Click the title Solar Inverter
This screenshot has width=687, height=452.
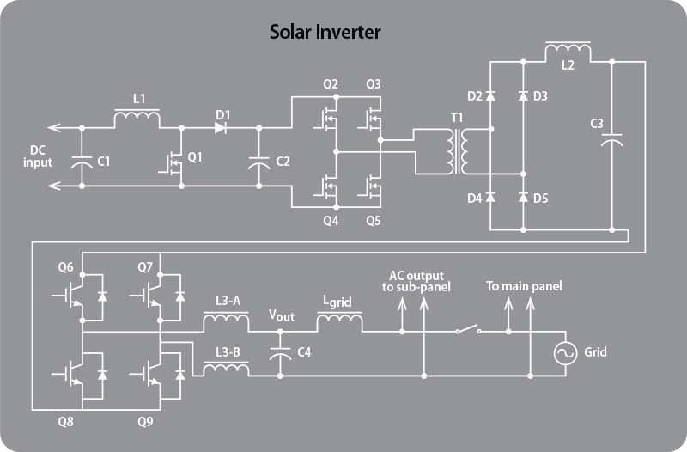(325, 33)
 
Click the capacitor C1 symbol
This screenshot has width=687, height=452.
(82, 160)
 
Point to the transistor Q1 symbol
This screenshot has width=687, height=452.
(174, 161)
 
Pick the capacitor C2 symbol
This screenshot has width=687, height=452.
(259, 160)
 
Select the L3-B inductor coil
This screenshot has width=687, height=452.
(227, 368)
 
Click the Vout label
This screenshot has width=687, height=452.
(281, 315)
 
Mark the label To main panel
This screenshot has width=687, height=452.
(524, 285)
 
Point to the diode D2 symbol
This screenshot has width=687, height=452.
(490, 96)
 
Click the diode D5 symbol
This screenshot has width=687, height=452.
(524, 198)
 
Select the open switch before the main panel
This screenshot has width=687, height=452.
(467, 329)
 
